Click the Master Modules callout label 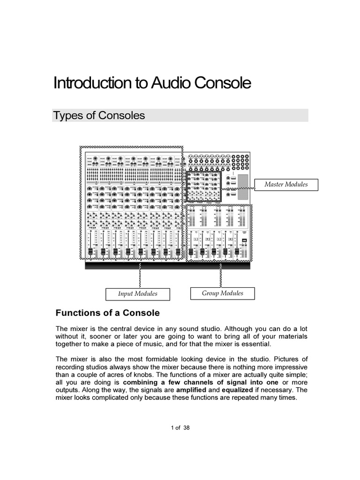pos(286,185)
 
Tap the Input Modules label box pos(137,294)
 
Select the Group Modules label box pos(223,293)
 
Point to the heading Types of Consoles pos(99,115)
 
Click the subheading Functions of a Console pos(108,313)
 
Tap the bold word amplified pos(190,390)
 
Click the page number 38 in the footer pos(187,428)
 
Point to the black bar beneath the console pos(168,266)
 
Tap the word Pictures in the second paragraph pos(292,359)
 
